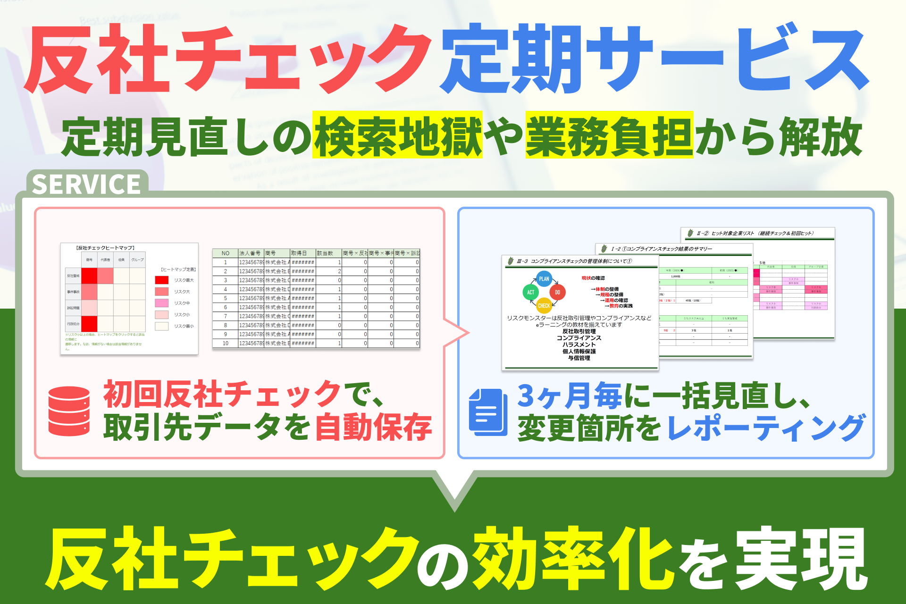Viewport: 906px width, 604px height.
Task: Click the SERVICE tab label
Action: coord(87,184)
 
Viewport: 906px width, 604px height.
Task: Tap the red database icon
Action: coord(69,411)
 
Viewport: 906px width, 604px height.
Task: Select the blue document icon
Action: coord(488,412)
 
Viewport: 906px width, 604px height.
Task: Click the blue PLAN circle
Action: coord(544,279)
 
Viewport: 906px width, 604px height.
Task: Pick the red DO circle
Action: coord(557,293)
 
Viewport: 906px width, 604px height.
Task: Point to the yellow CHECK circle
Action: coord(544,306)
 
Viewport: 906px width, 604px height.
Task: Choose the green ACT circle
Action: coord(531,293)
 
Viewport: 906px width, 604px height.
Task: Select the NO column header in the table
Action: coord(226,253)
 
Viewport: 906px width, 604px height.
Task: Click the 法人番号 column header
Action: coord(250,253)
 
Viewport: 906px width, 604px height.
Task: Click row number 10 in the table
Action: coord(226,343)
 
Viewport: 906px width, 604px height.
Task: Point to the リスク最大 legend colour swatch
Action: coord(162,280)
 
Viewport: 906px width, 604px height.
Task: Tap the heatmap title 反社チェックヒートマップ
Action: coord(105,248)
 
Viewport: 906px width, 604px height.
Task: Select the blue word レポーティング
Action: coord(766,428)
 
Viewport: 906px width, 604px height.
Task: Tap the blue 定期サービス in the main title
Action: coord(654,59)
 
